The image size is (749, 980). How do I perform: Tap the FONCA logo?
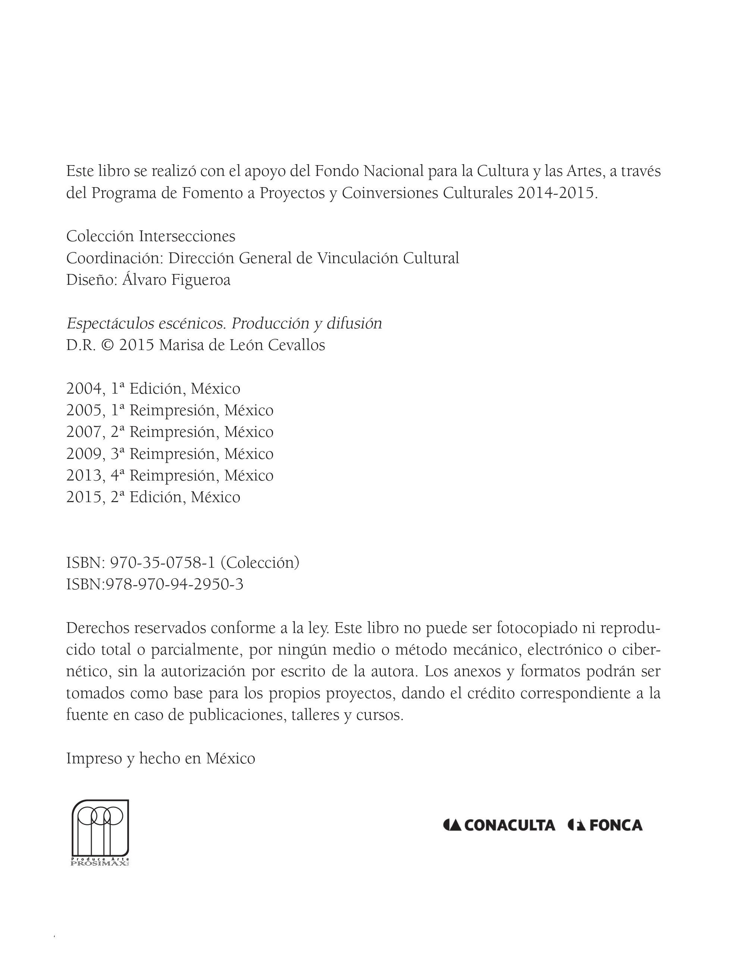605,825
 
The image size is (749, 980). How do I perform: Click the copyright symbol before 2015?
107,345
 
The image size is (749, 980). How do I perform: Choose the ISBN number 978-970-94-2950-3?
174,584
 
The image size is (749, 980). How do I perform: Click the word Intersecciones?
187,236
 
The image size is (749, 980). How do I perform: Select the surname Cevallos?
297,345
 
